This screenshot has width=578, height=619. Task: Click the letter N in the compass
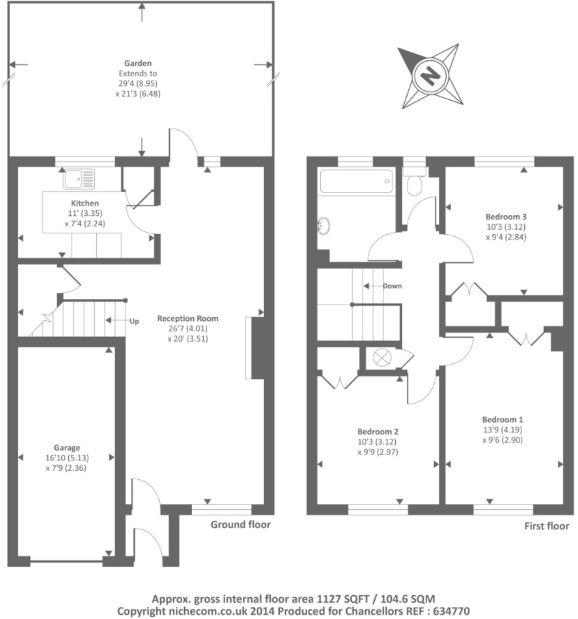(x=430, y=76)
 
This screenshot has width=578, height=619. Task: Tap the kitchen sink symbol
(x=79, y=179)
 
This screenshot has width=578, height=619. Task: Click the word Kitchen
(x=85, y=203)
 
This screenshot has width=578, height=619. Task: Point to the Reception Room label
(x=187, y=318)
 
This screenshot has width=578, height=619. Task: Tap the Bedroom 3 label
(x=506, y=216)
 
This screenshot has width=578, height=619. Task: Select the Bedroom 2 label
(x=379, y=432)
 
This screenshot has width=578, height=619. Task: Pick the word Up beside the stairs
(x=134, y=322)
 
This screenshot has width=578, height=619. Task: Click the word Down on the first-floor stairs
(x=392, y=286)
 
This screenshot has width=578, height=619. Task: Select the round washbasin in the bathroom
(x=324, y=225)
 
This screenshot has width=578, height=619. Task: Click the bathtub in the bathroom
(x=357, y=182)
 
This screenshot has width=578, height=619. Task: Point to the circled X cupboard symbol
(x=380, y=358)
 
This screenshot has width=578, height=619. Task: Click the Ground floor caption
(x=240, y=524)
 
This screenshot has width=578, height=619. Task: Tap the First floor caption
(x=547, y=526)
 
